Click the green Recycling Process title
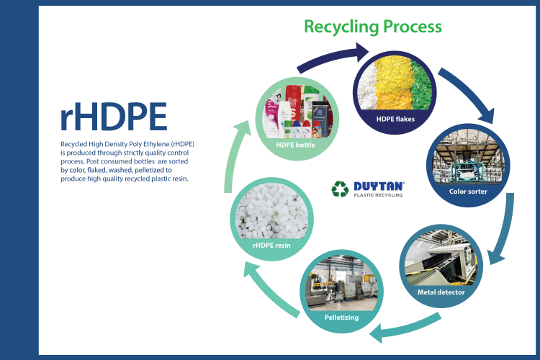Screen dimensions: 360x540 point(372,27)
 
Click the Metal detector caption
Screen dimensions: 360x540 point(441,292)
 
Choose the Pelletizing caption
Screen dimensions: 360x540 point(341,316)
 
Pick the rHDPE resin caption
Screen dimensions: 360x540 point(271,246)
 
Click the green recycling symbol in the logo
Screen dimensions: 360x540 point(340,189)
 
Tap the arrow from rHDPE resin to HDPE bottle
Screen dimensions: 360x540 point(232,158)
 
